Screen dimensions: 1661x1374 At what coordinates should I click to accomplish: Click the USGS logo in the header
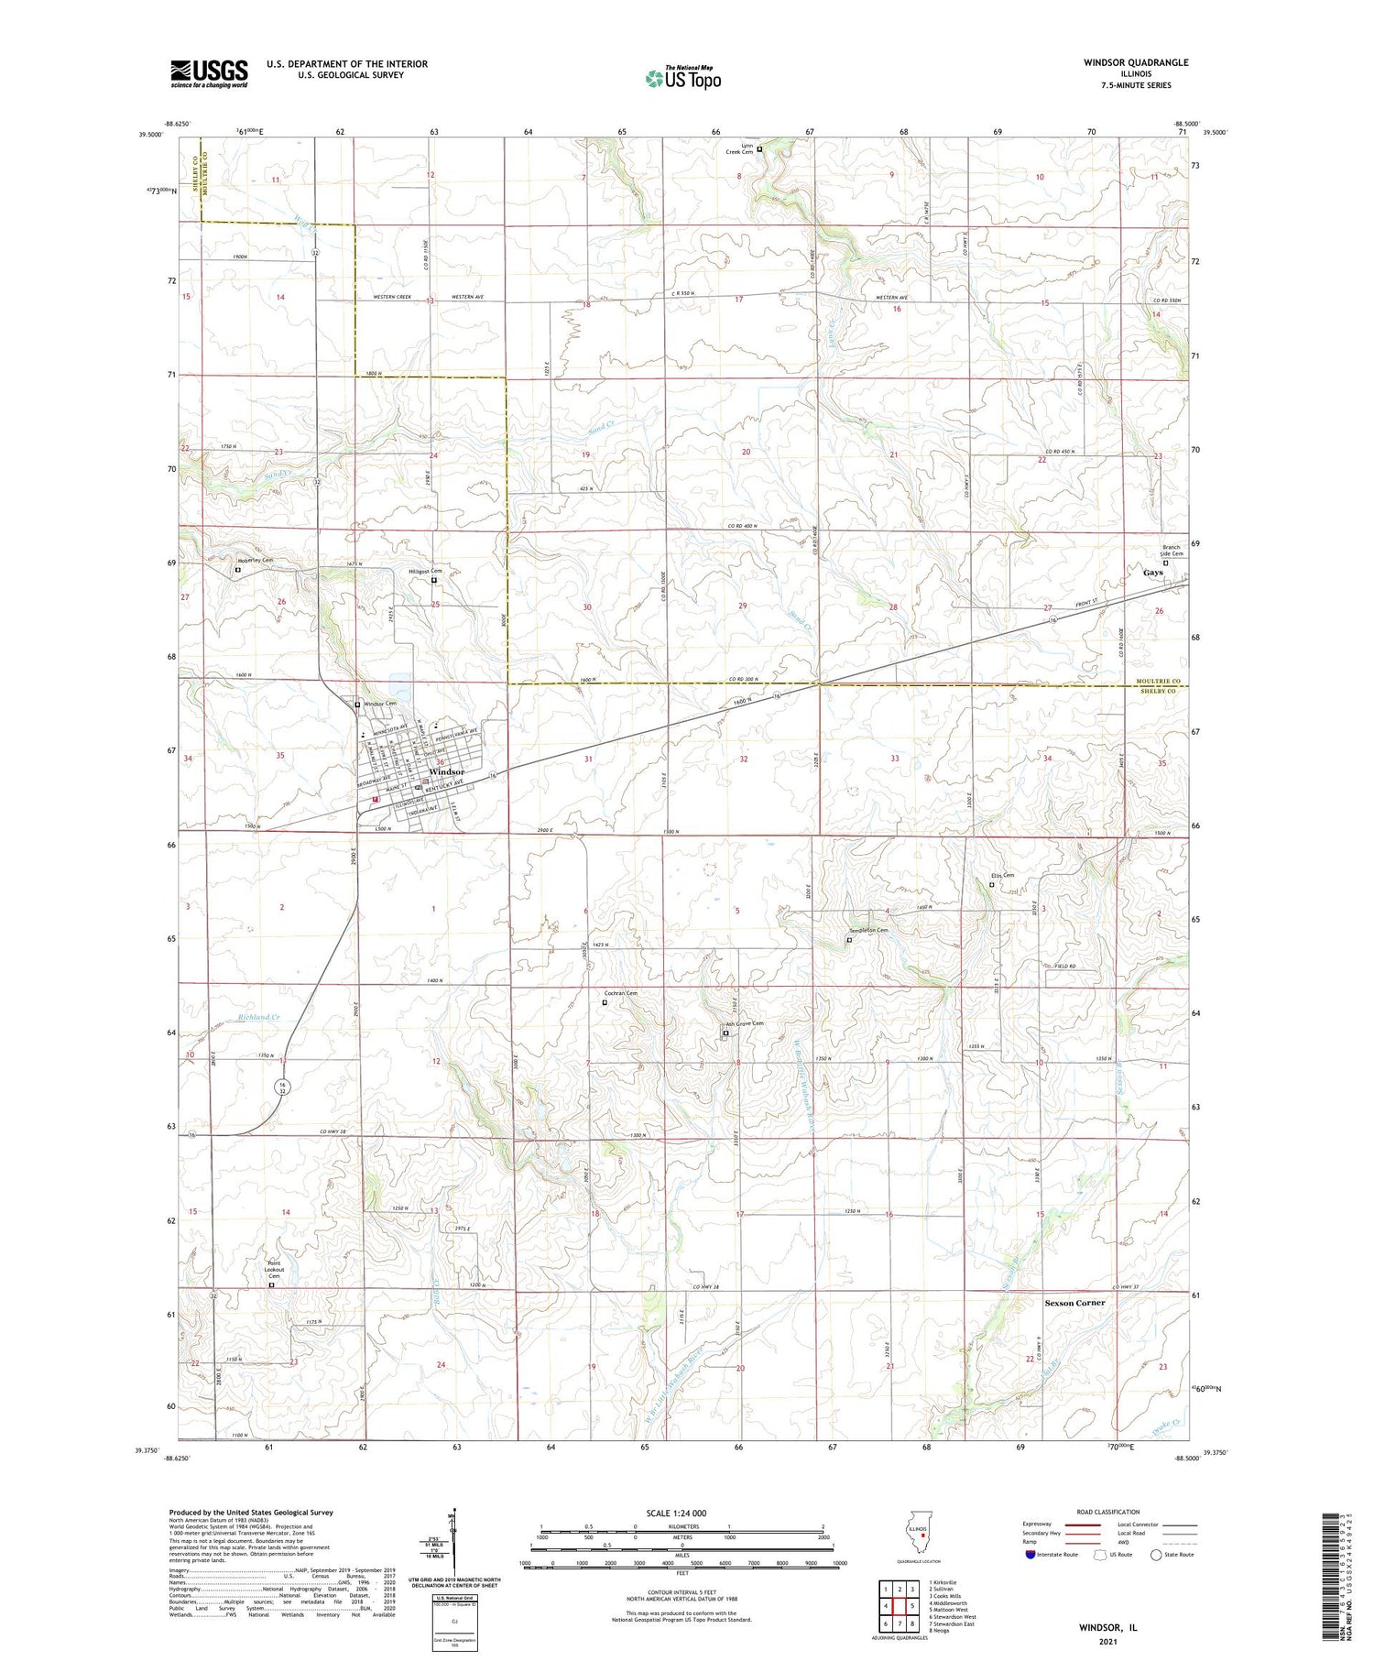pyautogui.click(x=209, y=73)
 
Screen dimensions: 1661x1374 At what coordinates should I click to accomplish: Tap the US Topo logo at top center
pyautogui.click(x=682, y=78)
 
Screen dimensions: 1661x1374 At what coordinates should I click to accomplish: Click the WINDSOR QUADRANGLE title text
pyautogui.click(x=1135, y=62)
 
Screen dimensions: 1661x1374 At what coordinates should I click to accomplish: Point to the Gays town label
pyautogui.click(x=1152, y=573)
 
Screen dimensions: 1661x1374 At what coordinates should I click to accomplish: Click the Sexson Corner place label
pyautogui.click(x=1074, y=1303)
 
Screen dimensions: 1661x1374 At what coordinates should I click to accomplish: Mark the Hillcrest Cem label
pyautogui.click(x=424, y=572)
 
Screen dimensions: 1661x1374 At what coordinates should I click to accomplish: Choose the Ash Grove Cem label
pyautogui.click(x=744, y=1024)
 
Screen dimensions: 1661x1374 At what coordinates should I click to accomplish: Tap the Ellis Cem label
pyautogui.click(x=1002, y=875)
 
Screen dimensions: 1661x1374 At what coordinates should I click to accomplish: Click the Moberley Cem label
pyautogui.click(x=256, y=560)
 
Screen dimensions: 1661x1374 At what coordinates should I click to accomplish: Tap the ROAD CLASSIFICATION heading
pyautogui.click(x=1108, y=1512)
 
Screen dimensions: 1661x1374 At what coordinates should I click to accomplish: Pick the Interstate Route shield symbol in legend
pyautogui.click(x=1030, y=1555)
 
